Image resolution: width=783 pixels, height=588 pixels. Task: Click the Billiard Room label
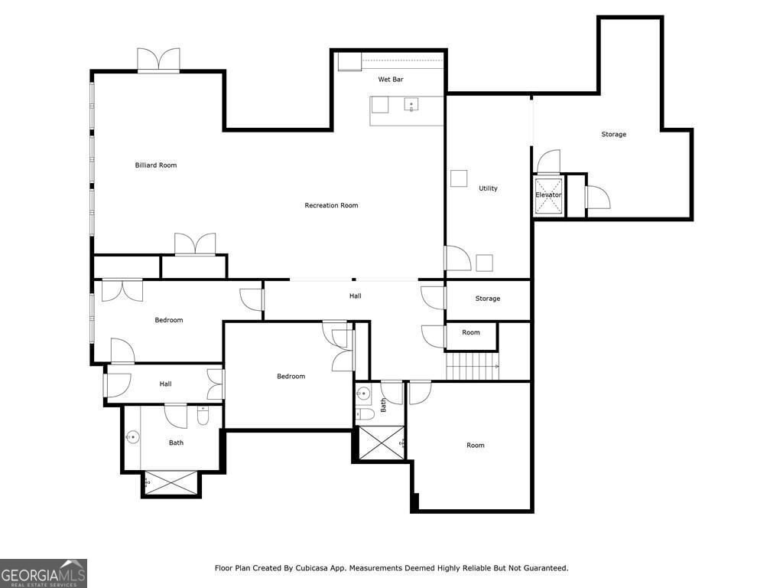pyautogui.click(x=156, y=165)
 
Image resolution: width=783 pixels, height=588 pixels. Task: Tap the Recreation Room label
pyautogui.click(x=331, y=205)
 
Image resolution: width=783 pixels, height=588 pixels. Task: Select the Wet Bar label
pyautogui.click(x=391, y=80)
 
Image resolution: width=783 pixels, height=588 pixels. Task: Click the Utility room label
pyautogui.click(x=488, y=188)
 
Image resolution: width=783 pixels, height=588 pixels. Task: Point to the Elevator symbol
pyautogui.click(x=548, y=194)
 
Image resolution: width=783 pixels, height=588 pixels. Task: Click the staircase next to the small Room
pyautogui.click(x=472, y=366)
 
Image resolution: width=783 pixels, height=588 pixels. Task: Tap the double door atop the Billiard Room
pyautogui.click(x=158, y=60)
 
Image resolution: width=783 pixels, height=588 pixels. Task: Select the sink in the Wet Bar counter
pyautogui.click(x=411, y=105)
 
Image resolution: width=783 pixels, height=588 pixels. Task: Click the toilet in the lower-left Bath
pyautogui.click(x=203, y=416)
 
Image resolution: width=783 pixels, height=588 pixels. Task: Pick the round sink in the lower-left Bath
pyautogui.click(x=133, y=438)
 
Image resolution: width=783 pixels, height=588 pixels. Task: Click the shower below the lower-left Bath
pyautogui.click(x=171, y=484)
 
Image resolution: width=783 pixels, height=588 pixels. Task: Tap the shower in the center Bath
pyautogui.click(x=381, y=443)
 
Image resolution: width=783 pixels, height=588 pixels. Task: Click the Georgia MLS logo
pyautogui.click(x=44, y=573)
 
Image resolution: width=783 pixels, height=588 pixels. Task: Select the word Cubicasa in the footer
pyautogui.click(x=310, y=568)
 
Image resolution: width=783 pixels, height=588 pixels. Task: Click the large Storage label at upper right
pyautogui.click(x=613, y=135)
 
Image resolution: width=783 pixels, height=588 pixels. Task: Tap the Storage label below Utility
pyautogui.click(x=487, y=299)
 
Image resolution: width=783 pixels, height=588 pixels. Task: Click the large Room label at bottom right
pyautogui.click(x=476, y=446)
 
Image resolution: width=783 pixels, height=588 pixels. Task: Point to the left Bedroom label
pyautogui.click(x=169, y=320)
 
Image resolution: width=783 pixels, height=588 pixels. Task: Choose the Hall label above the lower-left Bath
pyautogui.click(x=165, y=384)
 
